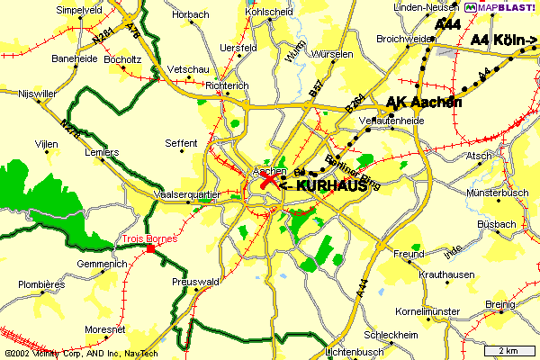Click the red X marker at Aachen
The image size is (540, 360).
point(268,181)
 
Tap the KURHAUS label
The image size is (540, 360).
point(329,184)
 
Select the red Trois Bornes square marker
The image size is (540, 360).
point(150,248)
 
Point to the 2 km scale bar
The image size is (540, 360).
point(510,349)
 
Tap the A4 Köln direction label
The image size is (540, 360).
point(503,40)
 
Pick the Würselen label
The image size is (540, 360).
point(331,54)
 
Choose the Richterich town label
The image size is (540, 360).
point(227,86)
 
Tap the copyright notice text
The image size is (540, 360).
point(79,354)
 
